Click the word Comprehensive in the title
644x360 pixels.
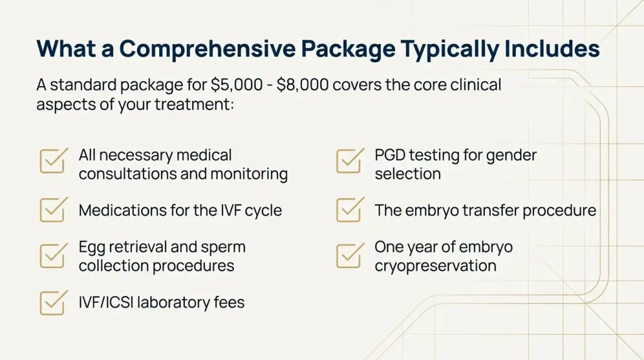coord(207,49)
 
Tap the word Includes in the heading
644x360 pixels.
coord(552,48)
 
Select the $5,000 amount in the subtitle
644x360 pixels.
coord(236,85)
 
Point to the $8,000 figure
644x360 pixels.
coord(303,85)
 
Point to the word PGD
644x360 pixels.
coord(389,155)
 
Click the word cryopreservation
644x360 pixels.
coord(435,266)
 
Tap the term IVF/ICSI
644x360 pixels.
coord(106,303)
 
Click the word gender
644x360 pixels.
coord(511,156)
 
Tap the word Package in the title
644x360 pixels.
coord(348,49)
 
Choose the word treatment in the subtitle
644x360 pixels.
coord(194,104)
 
